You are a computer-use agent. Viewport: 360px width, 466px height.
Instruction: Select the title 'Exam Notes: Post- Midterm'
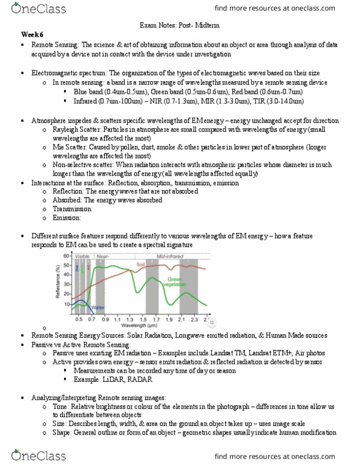click(x=179, y=25)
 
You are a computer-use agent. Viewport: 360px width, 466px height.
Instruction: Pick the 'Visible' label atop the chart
click(x=82, y=257)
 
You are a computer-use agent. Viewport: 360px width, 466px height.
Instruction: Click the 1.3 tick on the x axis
click(x=131, y=319)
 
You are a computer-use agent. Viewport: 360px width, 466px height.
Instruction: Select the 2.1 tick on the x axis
click(x=182, y=319)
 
